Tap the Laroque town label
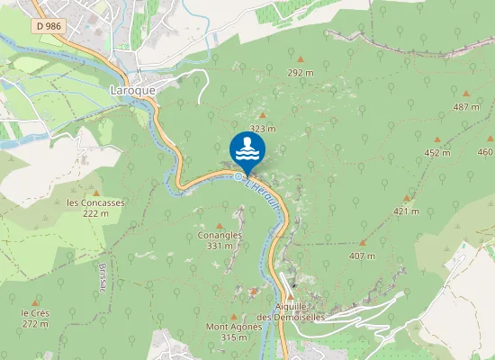(131, 90)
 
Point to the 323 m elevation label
(261, 129)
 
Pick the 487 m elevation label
(465, 107)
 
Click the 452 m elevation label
(436, 153)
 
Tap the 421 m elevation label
(406, 211)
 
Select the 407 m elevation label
(362, 256)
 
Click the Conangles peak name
(220, 235)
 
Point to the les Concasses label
(95, 202)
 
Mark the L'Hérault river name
(265, 193)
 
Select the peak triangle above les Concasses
(94, 190)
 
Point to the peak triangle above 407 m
(363, 243)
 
